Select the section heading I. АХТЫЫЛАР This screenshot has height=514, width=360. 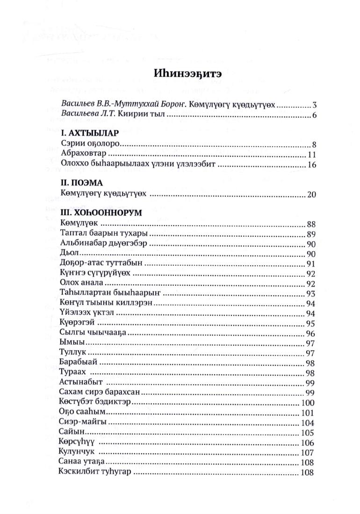tap(87, 132)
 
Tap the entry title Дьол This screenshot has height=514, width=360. tap(68, 253)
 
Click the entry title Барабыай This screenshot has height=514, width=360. tap(78, 363)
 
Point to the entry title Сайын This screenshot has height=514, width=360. tap(71, 432)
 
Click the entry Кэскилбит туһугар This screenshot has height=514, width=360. tap(96, 472)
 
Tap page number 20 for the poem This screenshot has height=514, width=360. tap(312, 194)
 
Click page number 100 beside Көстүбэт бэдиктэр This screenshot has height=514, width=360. tap(308, 403)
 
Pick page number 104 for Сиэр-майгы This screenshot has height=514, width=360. tap(308, 423)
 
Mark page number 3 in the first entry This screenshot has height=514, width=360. tap(315, 105)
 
